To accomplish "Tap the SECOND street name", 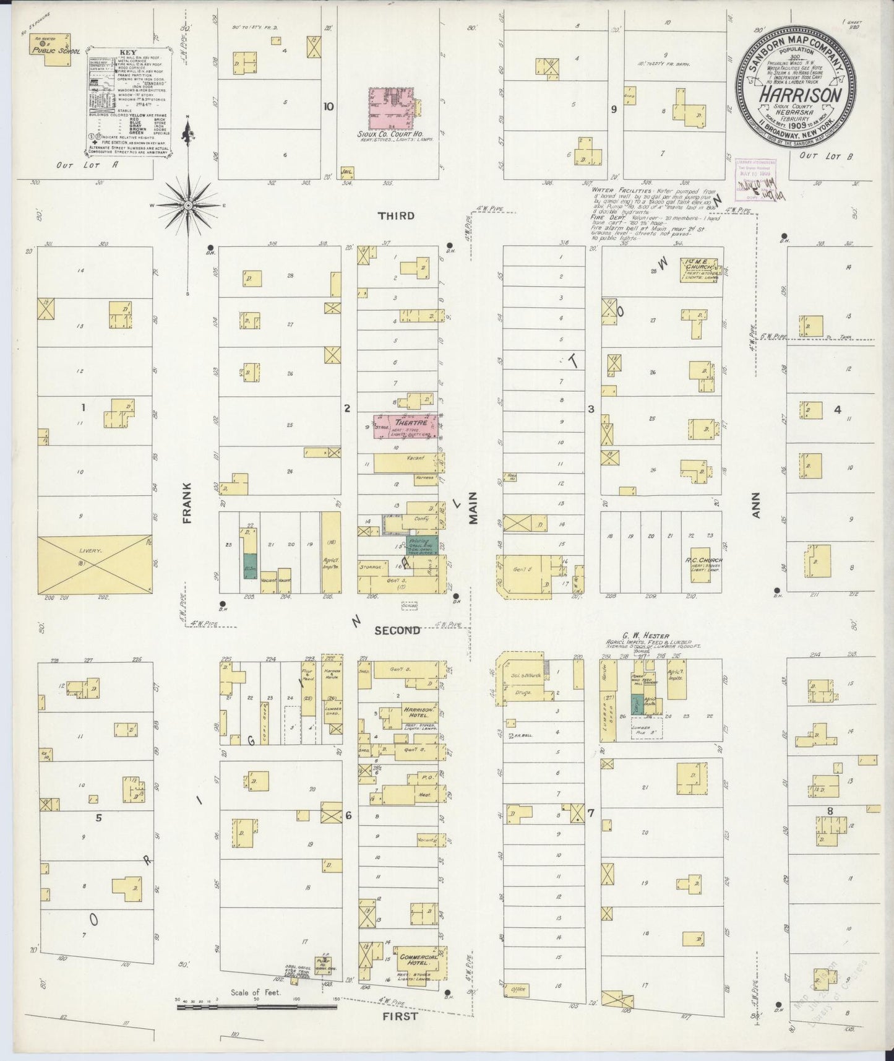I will click(x=397, y=630).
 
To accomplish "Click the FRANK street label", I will click(x=187, y=503).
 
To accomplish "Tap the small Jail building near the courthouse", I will click(x=346, y=171).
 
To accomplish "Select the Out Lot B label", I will click(x=825, y=157).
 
